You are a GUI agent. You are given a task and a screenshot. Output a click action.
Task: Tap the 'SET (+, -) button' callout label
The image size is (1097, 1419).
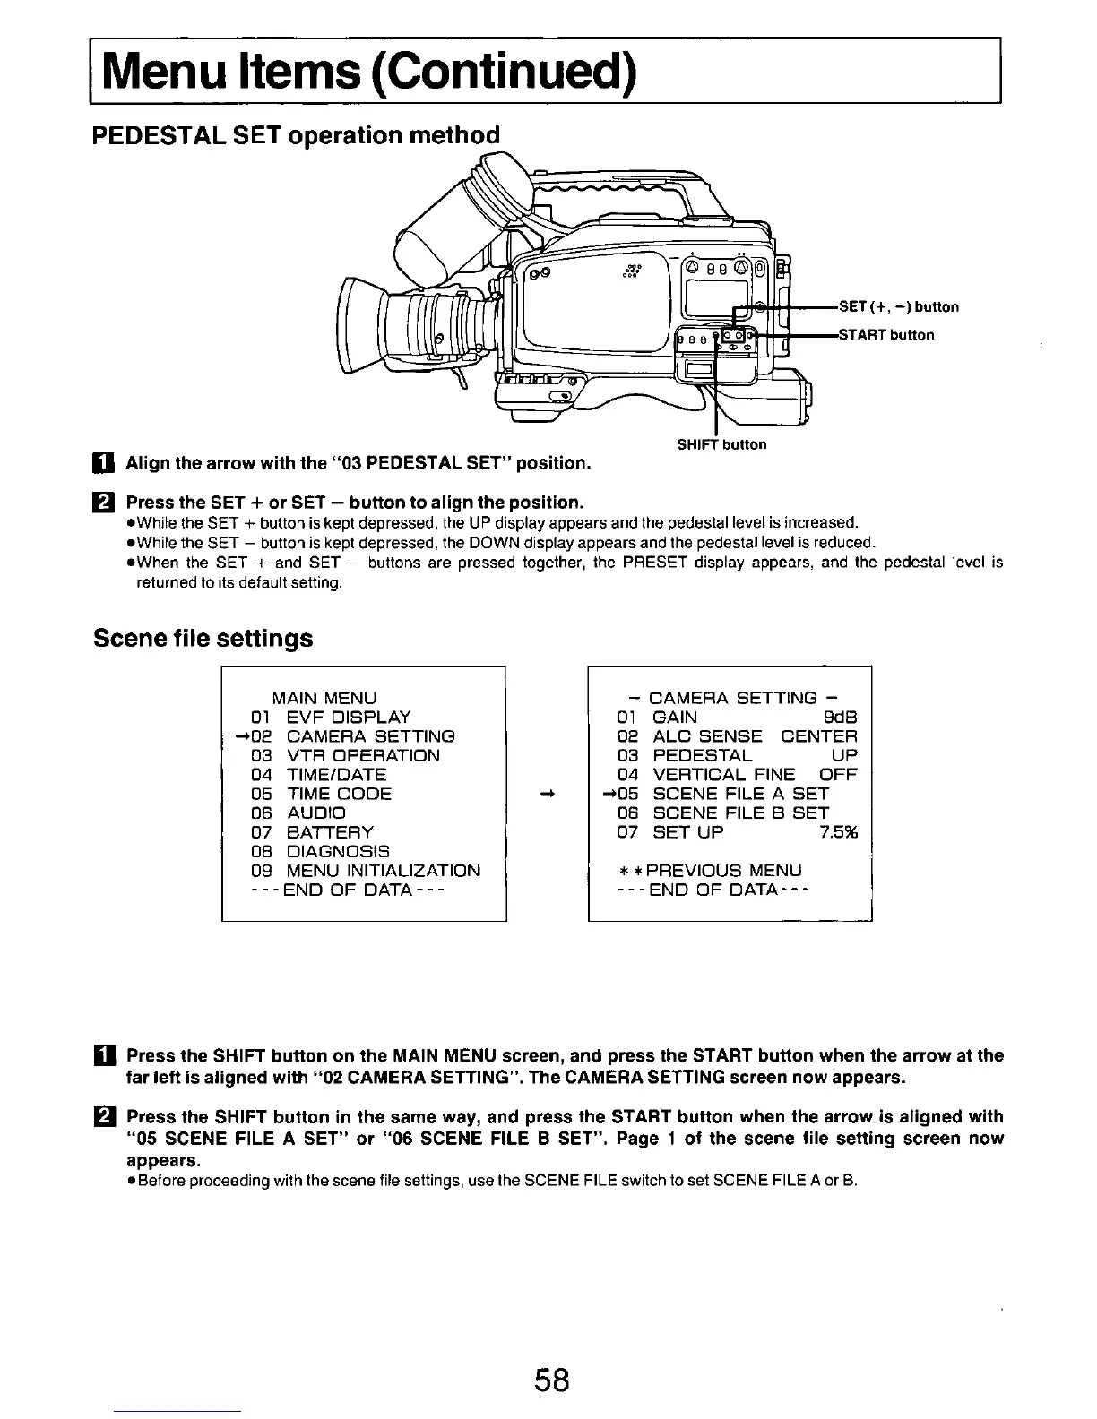(x=898, y=307)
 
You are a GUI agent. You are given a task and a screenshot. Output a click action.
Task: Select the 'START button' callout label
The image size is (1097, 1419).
(x=885, y=335)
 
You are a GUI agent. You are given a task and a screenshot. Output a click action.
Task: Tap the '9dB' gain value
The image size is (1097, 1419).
(x=840, y=718)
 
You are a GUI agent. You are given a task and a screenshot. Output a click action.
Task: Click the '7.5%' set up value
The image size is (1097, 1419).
(x=838, y=832)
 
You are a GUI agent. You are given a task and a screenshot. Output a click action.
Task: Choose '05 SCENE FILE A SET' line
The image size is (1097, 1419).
(x=723, y=794)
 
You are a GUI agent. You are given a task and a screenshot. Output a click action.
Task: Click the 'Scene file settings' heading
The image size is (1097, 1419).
(x=203, y=639)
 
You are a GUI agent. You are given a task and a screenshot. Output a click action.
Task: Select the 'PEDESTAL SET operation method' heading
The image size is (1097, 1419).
(x=296, y=136)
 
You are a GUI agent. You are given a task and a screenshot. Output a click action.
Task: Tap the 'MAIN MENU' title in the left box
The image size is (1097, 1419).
(x=324, y=698)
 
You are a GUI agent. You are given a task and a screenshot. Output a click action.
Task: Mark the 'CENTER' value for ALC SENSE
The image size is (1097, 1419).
(x=819, y=736)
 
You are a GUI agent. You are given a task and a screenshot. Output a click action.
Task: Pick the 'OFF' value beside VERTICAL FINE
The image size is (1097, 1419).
(x=838, y=775)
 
